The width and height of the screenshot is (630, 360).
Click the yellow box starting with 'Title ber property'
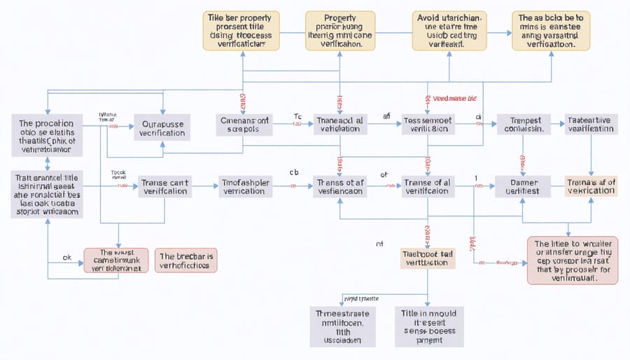tap(241, 30)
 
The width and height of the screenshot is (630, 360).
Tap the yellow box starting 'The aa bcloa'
tap(550, 30)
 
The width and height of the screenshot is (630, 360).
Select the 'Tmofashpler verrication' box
tap(245, 186)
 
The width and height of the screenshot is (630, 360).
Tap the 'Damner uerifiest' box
tap(521, 186)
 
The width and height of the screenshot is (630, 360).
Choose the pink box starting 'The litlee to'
tap(572, 260)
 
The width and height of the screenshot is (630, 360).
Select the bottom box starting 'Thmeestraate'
tap(342, 326)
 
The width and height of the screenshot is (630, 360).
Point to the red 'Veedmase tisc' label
tap(455, 99)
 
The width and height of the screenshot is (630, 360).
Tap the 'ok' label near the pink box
tap(67, 257)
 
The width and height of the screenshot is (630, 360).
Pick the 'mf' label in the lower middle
tap(380, 244)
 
